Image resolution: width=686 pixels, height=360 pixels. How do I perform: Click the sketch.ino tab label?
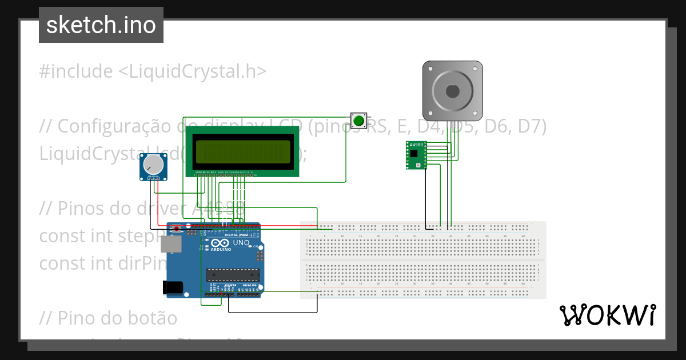(x=101, y=25)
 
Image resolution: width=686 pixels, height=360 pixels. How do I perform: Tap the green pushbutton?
(x=358, y=121)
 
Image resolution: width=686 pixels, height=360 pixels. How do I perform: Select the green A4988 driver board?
(x=416, y=156)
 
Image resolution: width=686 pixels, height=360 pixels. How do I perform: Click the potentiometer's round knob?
(x=153, y=165)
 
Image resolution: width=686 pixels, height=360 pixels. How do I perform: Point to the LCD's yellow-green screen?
(x=242, y=150)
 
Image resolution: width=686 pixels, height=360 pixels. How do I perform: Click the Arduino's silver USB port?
(x=170, y=245)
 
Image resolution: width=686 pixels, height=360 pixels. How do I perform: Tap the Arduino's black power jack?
(x=174, y=287)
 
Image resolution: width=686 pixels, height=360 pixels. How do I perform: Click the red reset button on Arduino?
(x=177, y=229)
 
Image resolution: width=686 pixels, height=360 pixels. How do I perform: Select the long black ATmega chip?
(x=233, y=274)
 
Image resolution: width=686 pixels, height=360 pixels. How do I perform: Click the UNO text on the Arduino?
(x=241, y=243)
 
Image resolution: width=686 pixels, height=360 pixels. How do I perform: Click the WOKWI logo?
(x=607, y=315)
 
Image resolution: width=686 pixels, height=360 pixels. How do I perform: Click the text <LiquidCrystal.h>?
(x=193, y=71)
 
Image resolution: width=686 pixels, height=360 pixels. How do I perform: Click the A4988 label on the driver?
(x=416, y=145)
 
